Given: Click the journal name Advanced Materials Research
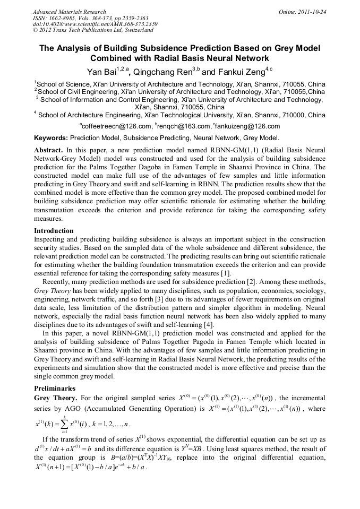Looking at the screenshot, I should point(69,12).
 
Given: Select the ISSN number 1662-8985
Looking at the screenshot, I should point(63,18).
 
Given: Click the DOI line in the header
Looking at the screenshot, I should point(95,24).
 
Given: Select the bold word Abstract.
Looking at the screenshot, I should point(48,149).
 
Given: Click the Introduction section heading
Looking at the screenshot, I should point(54,231).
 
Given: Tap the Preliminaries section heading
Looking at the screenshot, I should point(54,388).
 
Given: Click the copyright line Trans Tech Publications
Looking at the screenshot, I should point(89,31).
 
